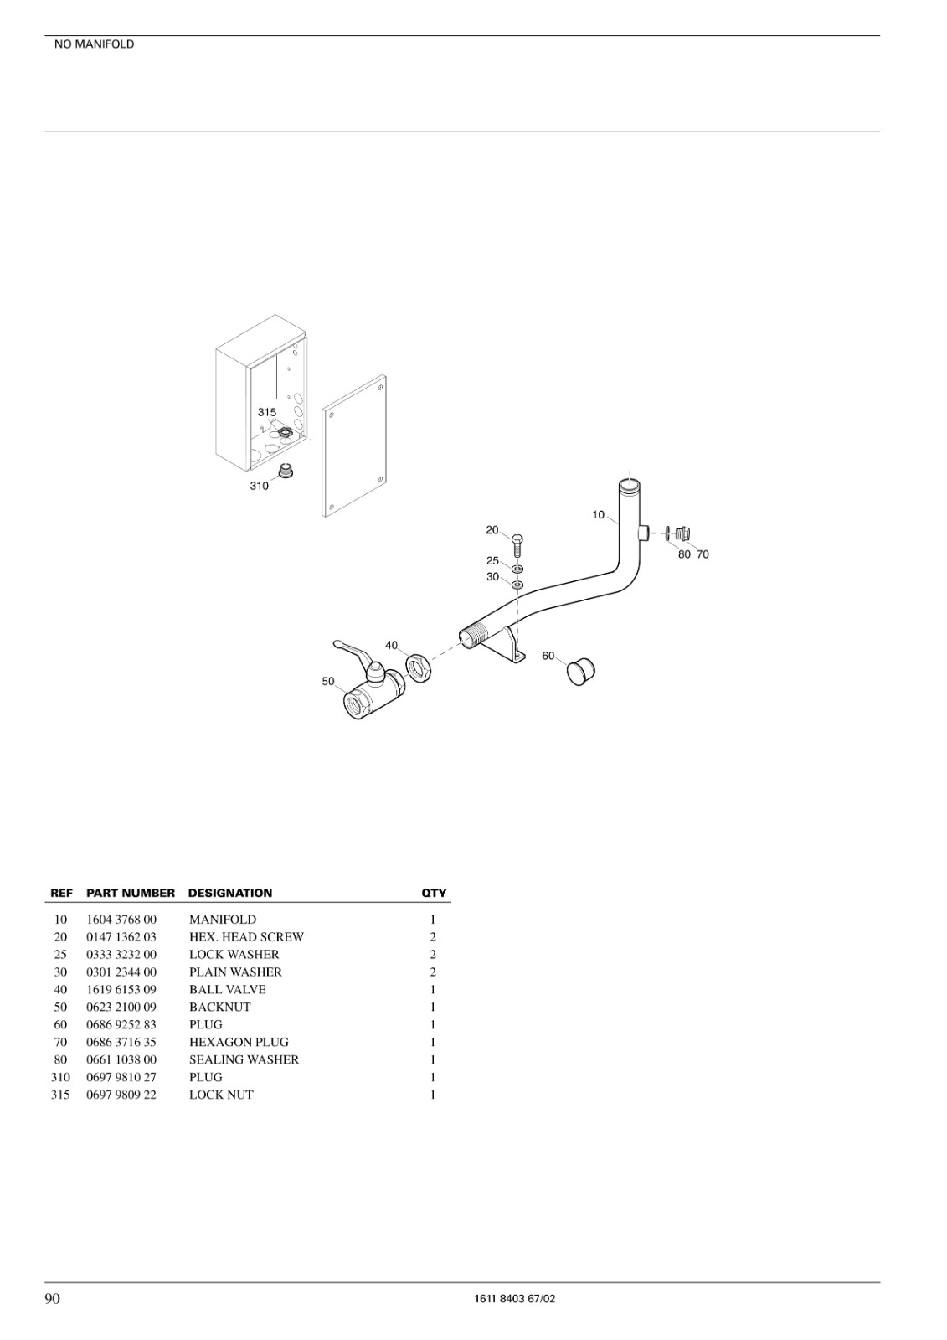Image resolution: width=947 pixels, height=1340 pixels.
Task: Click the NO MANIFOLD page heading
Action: [x=94, y=44]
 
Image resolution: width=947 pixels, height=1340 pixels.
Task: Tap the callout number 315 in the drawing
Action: [x=267, y=412]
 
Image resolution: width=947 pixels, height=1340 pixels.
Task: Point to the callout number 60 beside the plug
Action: [x=548, y=656]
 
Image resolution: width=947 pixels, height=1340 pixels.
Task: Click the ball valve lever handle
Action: [x=353, y=651]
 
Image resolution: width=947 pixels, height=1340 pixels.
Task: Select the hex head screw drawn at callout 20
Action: [x=518, y=545]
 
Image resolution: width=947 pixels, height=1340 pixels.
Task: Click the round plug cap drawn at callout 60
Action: [x=579, y=672]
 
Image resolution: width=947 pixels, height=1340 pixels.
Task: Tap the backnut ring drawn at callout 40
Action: [x=418, y=669]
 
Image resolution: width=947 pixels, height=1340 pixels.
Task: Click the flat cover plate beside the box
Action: [x=354, y=446]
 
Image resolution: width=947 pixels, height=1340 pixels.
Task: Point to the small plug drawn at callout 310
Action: [x=286, y=471]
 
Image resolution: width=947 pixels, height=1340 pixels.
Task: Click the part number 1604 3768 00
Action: [x=121, y=920]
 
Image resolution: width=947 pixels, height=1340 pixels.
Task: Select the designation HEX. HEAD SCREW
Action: [x=246, y=937]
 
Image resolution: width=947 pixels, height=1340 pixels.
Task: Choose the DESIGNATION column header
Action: [x=230, y=893]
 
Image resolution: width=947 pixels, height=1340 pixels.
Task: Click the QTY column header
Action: [x=434, y=893]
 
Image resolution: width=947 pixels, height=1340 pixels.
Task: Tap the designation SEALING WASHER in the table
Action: [x=244, y=1059]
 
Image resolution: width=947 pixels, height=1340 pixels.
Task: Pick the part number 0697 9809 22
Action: [x=121, y=1095]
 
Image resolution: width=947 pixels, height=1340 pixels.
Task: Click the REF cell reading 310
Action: [x=60, y=1077]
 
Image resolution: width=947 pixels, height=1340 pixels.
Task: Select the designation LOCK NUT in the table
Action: [x=221, y=1095]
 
